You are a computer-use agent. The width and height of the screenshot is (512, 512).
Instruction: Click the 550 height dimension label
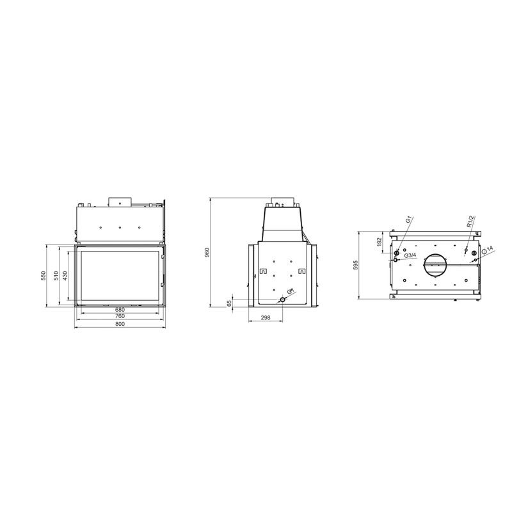(x=44, y=276)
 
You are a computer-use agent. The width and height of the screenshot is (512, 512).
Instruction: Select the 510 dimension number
(x=56, y=276)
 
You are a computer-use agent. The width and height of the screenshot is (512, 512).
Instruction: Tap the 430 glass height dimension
(x=65, y=276)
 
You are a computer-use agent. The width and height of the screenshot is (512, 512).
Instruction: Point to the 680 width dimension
(x=120, y=310)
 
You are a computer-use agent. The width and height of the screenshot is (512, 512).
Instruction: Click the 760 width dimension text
(x=120, y=316)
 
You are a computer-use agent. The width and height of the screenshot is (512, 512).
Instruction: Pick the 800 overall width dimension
(x=120, y=324)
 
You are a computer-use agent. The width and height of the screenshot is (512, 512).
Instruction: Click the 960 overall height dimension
(x=207, y=252)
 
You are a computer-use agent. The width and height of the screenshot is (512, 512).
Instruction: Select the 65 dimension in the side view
(x=230, y=303)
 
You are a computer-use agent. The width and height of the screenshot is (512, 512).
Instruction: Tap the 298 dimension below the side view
(x=266, y=317)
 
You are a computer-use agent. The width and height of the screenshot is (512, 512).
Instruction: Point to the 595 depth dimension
(x=356, y=265)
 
